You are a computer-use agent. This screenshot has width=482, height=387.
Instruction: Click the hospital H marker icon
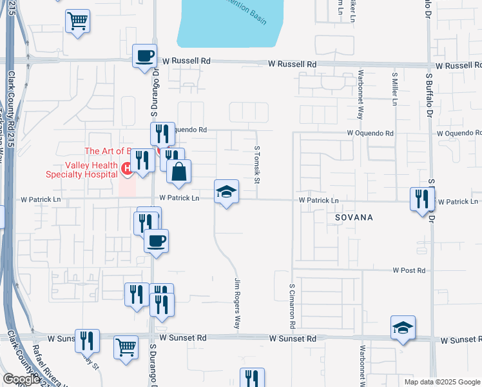pyautogui.click(x=127, y=169)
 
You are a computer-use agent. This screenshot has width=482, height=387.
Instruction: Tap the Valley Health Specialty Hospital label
pyautogui.click(x=81, y=169)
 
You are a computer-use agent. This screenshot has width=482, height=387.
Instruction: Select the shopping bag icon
pyautogui.click(x=179, y=172)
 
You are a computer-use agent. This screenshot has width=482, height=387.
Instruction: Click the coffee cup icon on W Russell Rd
pyautogui.click(x=145, y=55)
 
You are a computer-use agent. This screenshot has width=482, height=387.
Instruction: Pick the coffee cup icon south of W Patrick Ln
pyautogui.click(x=157, y=241)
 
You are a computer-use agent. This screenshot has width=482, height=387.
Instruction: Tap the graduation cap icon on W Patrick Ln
pyautogui.click(x=226, y=192)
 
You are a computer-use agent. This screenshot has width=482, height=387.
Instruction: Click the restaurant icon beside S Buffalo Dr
pyautogui.click(x=422, y=199)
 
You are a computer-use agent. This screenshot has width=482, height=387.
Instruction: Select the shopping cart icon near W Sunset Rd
pyautogui.click(x=126, y=347)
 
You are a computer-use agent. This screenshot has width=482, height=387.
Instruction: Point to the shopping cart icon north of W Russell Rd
pyautogui.click(x=77, y=21)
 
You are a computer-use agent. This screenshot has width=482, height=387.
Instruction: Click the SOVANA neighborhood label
pyautogui.click(x=354, y=217)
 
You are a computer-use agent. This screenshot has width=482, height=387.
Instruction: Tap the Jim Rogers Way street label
pyautogui.click(x=236, y=303)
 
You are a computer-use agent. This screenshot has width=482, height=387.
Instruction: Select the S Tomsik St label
pyautogui.click(x=256, y=164)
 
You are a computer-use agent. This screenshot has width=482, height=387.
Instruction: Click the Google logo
pyautogui.click(x=21, y=379)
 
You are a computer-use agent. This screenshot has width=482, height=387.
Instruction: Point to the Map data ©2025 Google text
pyautogui.click(x=441, y=382)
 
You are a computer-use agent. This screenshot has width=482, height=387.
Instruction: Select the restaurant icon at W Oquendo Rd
pyautogui.click(x=162, y=134)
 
